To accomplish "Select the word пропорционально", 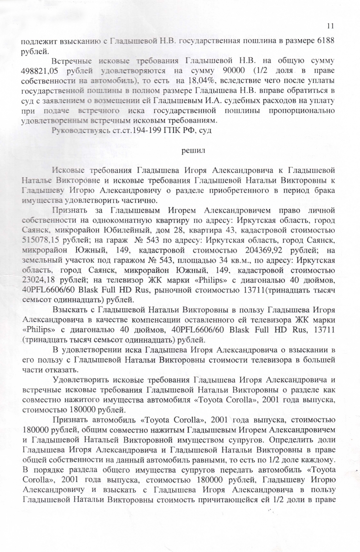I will pos(304,109).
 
